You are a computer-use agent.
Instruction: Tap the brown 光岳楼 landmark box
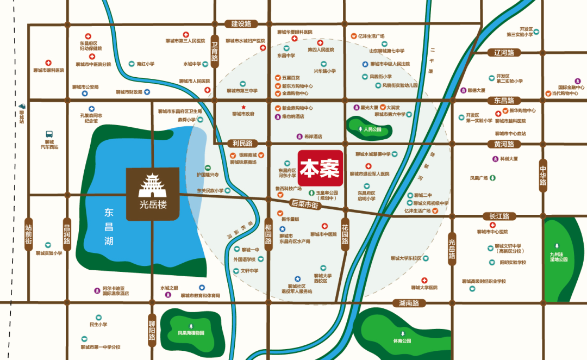(x=153, y=194)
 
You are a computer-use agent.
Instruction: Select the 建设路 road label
(x=241, y=24)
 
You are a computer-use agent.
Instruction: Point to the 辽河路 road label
(x=504, y=53)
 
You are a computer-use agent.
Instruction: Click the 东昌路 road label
(x=504, y=101)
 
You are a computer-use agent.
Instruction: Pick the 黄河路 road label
(x=504, y=144)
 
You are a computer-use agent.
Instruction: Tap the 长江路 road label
(x=498, y=216)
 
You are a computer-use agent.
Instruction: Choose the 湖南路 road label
(x=409, y=303)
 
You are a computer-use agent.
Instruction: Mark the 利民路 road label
(x=243, y=144)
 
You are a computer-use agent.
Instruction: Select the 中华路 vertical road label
(x=542, y=175)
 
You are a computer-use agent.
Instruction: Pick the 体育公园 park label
(x=403, y=340)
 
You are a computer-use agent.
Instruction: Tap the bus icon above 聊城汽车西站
(x=49, y=133)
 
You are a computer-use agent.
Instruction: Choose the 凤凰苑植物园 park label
(x=191, y=333)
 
